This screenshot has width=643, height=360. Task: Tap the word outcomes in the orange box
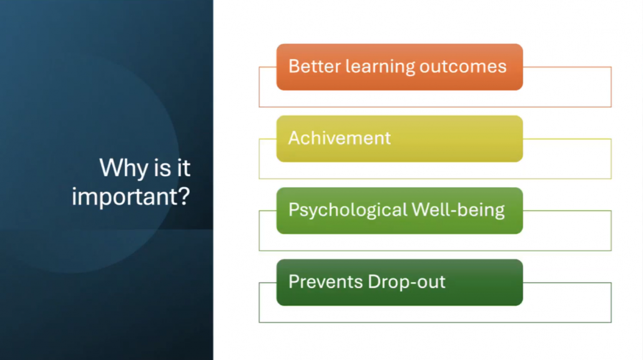[x=463, y=67]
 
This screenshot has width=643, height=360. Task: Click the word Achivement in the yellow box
[x=339, y=138]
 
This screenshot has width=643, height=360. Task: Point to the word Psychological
[x=347, y=210]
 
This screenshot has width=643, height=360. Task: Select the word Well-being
[x=458, y=210]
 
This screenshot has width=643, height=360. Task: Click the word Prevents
[x=326, y=282]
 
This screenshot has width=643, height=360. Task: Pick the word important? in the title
[x=131, y=197]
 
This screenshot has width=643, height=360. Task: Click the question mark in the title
[x=184, y=195]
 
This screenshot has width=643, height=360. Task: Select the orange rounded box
[x=400, y=67]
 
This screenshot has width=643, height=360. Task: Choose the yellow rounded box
[x=400, y=139]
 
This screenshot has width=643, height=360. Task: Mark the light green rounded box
[x=400, y=211]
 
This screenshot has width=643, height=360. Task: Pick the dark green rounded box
[x=400, y=283]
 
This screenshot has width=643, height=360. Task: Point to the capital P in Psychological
[x=295, y=209]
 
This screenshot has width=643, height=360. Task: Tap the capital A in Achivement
[x=295, y=138]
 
